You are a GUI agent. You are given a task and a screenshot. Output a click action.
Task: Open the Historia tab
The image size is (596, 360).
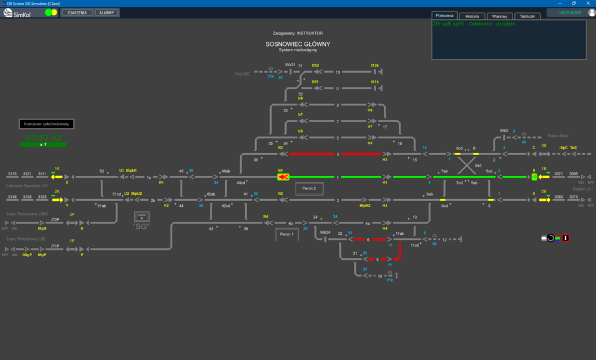(472, 16)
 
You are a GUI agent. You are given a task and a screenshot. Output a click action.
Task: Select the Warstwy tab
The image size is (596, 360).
(499, 16)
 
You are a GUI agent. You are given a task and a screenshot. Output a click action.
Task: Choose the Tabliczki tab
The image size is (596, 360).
(527, 16)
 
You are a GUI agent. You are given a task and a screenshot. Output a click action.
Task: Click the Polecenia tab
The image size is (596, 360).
(445, 15)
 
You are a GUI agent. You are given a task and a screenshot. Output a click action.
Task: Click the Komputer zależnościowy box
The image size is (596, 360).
(47, 124)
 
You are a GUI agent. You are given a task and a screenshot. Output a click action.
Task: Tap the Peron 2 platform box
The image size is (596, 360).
(309, 188)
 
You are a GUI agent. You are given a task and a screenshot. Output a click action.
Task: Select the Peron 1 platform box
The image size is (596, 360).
(287, 234)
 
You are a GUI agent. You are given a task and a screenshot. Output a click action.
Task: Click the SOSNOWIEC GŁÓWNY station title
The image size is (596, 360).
(297, 44)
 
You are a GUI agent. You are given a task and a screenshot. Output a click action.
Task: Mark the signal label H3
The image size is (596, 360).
(385, 160)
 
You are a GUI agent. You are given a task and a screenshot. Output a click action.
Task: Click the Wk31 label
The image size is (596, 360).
(290, 65)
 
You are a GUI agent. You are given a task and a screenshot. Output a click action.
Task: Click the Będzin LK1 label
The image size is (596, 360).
(582, 189)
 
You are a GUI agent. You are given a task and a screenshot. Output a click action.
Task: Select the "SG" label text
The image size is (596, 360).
(141, 226)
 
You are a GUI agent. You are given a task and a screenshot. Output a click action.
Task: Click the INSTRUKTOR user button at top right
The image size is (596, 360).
(570, 13)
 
